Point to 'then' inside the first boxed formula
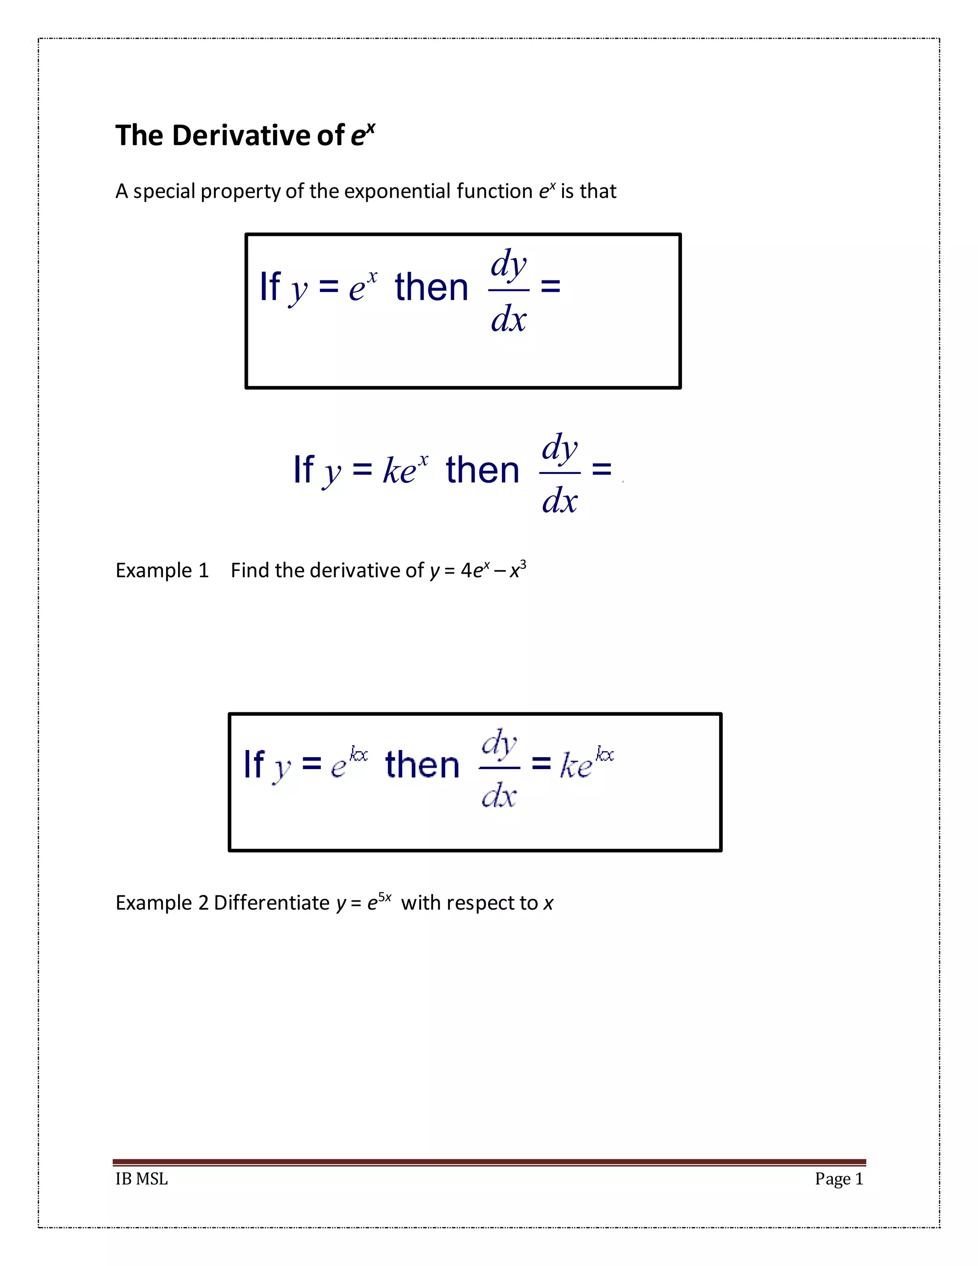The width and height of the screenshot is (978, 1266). (431, 288)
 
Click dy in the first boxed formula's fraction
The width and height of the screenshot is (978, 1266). (509, 264)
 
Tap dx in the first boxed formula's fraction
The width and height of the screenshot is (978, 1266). (509, 319)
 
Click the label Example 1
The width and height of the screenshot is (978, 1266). (162, 570)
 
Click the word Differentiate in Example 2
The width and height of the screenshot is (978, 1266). (272, 903)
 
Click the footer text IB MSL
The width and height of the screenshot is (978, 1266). (141, 1179)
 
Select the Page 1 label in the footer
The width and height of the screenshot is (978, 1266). (839, 1179)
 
